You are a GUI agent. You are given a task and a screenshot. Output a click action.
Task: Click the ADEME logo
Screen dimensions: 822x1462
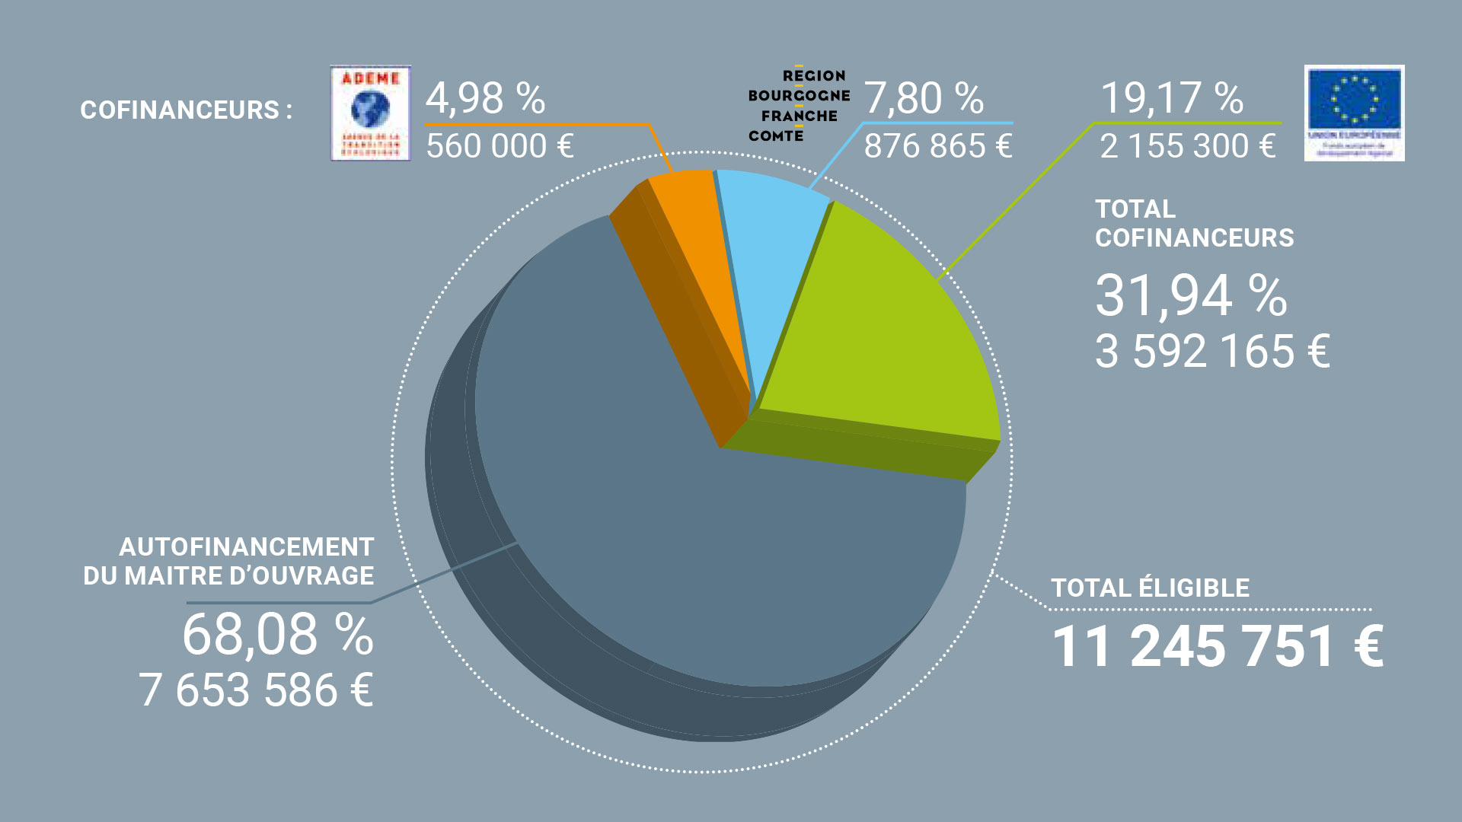coord(370,113)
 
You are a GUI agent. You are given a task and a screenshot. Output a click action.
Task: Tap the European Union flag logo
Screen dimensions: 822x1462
coord(1354,113)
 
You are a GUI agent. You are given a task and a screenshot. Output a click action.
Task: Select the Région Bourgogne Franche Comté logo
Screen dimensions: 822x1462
coord(798,105)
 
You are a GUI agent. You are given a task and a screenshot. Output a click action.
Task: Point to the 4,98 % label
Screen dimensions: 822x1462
coord(485,98)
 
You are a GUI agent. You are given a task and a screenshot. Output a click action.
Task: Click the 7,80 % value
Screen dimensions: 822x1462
coord(923,98)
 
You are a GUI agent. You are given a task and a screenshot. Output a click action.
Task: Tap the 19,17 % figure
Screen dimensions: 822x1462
coord(1172,98)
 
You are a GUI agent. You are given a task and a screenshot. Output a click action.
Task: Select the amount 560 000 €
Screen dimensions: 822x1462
coord(500,146)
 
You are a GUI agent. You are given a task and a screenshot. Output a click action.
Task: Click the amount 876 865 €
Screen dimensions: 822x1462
coord(937,146)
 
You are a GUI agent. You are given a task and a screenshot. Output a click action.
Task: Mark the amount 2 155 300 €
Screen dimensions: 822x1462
coord(1187,146)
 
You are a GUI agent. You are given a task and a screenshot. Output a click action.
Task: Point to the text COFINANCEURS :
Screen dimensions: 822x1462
coord(186,110)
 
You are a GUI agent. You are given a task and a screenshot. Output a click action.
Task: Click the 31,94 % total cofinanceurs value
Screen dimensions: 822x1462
coord(1191,295)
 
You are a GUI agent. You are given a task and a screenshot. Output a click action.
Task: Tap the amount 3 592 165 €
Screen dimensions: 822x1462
coord(1212,352)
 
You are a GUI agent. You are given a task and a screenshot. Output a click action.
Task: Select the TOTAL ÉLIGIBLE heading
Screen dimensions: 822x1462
coord(1150,588)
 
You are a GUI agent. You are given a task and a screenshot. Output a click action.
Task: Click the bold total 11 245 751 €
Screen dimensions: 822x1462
coord(1217,647)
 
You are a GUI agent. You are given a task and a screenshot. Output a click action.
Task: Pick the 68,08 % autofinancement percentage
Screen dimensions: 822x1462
coord(278,635)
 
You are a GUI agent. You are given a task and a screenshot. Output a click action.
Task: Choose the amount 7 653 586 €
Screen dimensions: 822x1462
coord(256,690)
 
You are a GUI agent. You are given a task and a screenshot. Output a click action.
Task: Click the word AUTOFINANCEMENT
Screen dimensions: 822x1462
coord(246,547)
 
